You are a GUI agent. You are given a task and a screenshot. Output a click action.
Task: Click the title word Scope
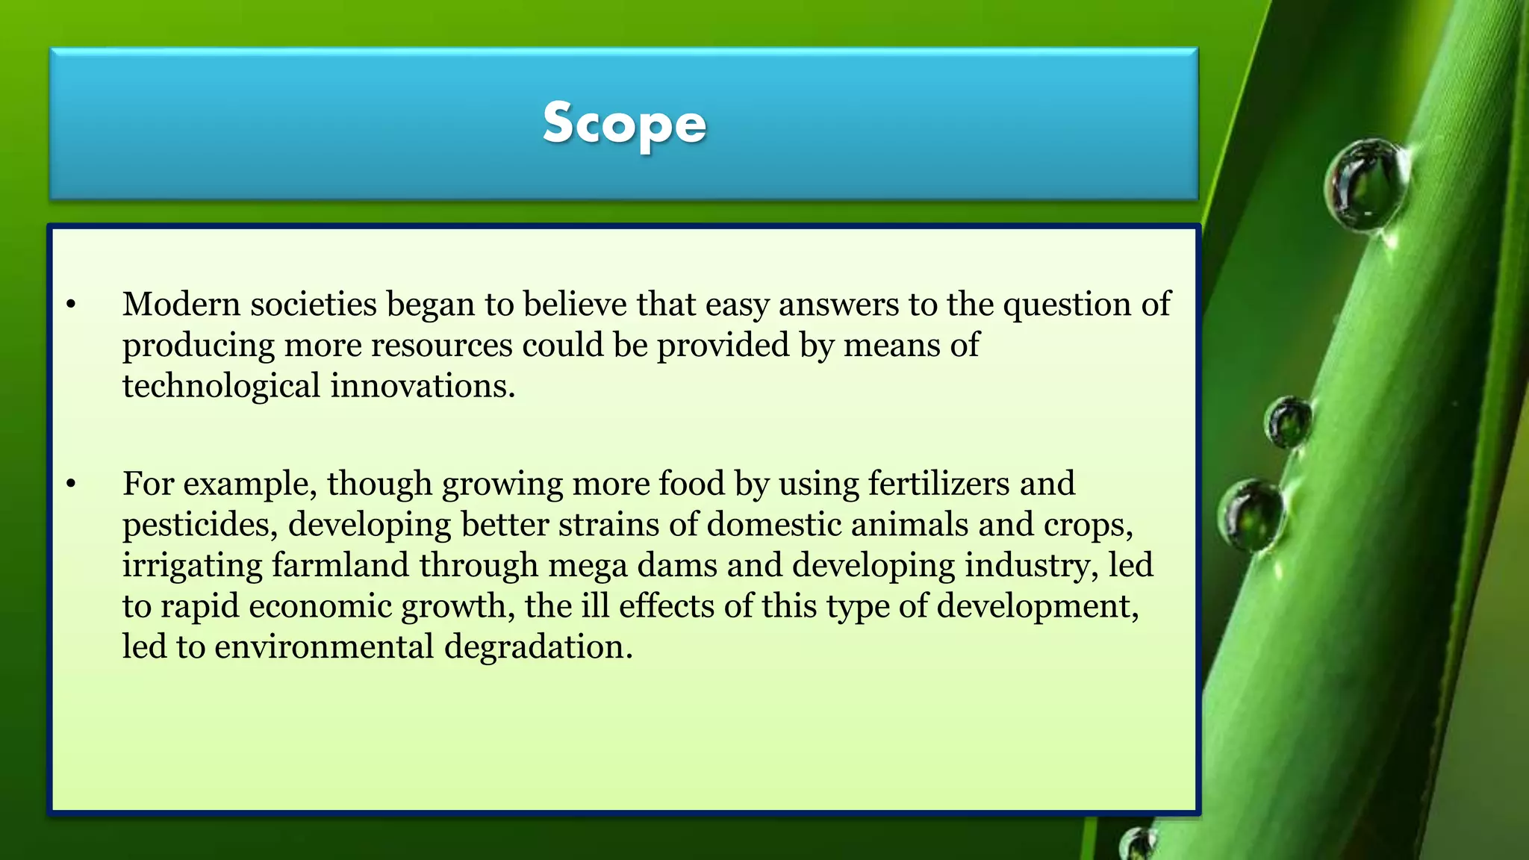tap(624, 124)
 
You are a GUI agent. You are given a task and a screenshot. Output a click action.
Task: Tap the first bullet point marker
tap(71, 305)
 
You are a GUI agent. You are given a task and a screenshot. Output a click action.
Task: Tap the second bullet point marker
tap(71, 484)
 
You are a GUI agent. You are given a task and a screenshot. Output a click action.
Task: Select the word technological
tap(221, 387)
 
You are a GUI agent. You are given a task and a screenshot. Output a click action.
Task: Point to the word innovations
tap(423, 387)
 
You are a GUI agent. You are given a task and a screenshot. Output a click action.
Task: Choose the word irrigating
tap(192, 565)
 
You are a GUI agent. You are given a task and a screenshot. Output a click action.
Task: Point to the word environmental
tap(324, 646)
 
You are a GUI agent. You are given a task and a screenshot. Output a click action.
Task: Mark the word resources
tap(442, 346)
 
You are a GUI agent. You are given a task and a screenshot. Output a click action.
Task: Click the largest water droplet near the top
tap(1366, 184)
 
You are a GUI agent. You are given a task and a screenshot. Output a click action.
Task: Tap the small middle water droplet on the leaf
tap(1288, 422)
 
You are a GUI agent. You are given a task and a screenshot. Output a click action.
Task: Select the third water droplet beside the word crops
tap(1251, 515)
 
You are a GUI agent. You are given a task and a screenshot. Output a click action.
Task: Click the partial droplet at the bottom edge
tap(1137, 845)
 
